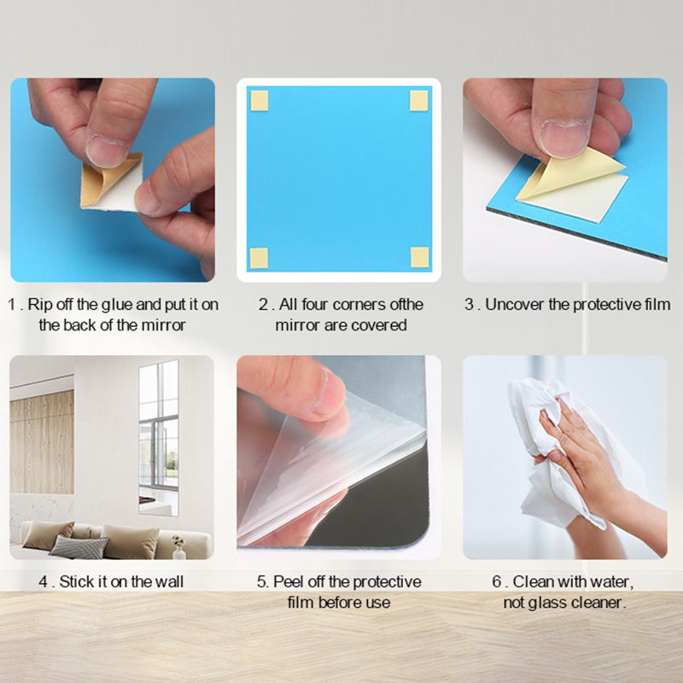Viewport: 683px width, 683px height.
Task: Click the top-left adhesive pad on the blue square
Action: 260,101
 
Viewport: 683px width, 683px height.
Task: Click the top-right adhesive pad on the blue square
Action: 419,101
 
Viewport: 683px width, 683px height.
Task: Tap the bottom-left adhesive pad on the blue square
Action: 259,258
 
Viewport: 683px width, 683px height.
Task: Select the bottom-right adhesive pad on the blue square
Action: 420,257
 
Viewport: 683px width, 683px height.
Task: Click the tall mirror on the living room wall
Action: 159,437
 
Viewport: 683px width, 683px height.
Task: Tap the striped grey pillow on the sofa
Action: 79,546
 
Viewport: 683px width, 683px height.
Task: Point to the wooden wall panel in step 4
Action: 42,442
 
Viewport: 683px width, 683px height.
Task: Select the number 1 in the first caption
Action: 12,305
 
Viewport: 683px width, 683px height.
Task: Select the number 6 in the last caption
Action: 497,582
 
